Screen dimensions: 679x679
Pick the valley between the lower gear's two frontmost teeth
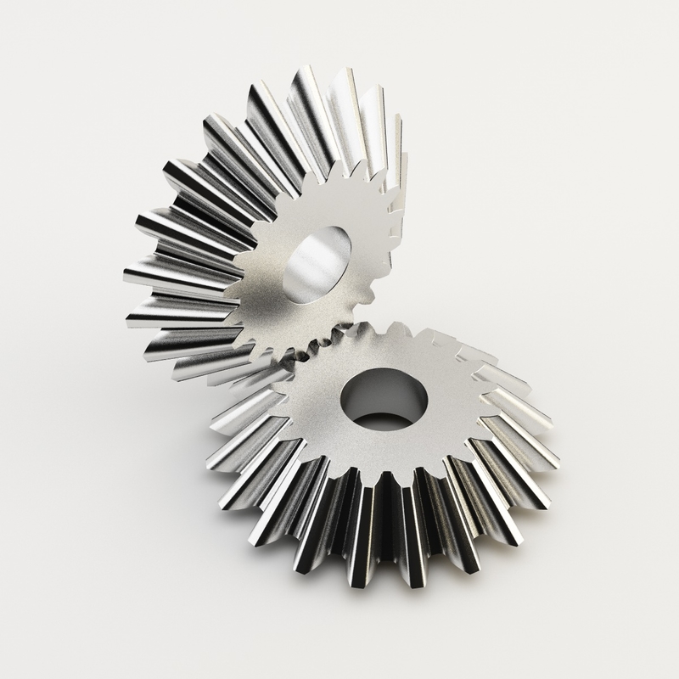point(387,543)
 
